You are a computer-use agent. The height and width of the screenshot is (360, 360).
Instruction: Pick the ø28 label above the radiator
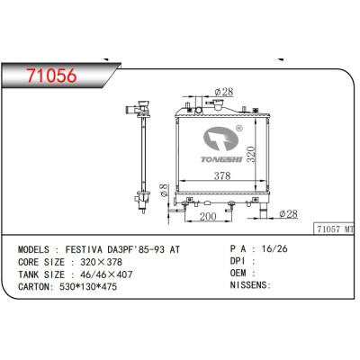224,90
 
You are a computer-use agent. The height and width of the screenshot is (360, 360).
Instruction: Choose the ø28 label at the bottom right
289,213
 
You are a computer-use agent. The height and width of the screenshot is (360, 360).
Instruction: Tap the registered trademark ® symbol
238,127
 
